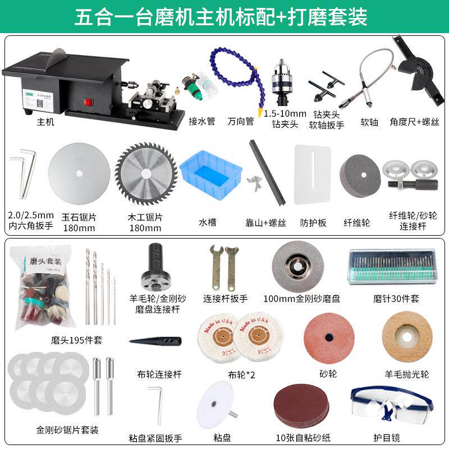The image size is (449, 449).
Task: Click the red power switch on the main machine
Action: point(88,103)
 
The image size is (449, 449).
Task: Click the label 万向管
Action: point(241,121)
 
